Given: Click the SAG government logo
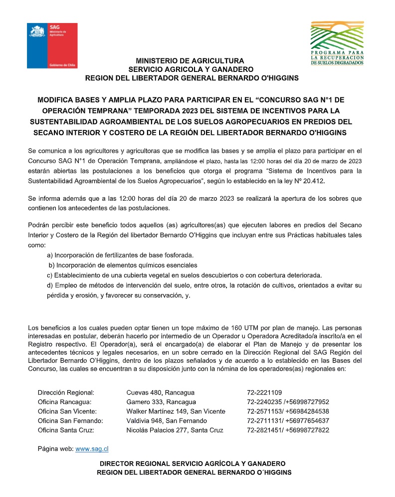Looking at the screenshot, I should point(52,45).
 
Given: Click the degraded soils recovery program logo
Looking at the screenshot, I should point(337,43).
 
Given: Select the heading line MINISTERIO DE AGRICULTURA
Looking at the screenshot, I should point(190,60).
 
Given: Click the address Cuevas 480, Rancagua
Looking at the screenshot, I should point(161,392).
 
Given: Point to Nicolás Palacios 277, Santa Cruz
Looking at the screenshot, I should point(175,430).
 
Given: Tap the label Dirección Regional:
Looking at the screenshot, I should point(66,392).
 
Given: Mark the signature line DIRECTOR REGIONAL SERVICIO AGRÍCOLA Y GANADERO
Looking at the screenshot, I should point(193,464).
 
